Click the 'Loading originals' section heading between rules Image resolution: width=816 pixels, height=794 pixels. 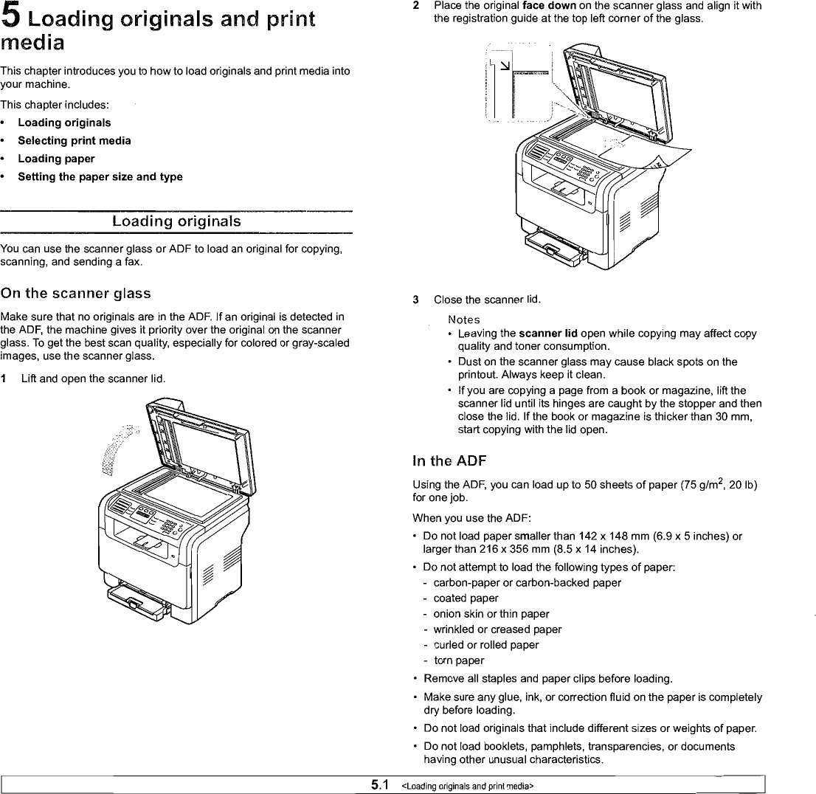coord(176,221)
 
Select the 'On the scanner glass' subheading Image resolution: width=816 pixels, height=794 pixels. coord(76,294)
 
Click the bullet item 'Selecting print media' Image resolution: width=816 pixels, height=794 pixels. coord(75,140)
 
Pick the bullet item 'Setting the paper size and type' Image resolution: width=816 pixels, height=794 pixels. coord(100,176)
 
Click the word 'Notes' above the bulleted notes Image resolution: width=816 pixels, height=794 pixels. coord(463,320)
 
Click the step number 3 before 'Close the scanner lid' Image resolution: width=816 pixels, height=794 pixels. coord(416,300)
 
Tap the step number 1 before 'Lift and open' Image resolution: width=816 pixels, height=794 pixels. coord(4,379)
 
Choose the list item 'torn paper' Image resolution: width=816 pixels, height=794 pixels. coord(459,660)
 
